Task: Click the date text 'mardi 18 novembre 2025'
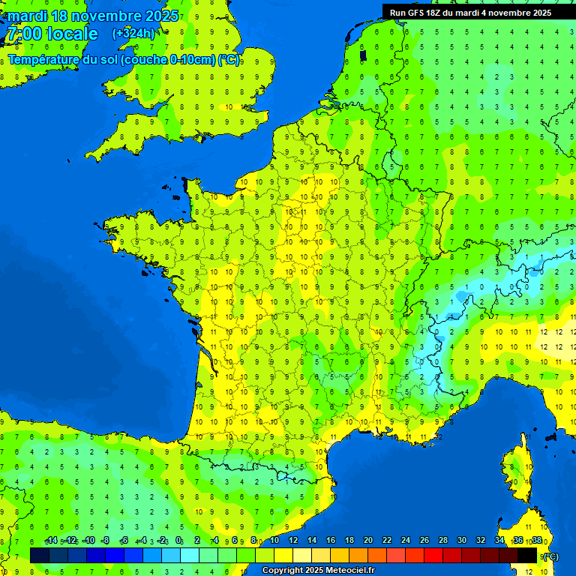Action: pyautogui.click(x=93, y=16)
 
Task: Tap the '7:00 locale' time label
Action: pyautogui.click(x=52, y=34)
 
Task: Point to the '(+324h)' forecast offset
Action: pyautogui.click(x=133, y=33)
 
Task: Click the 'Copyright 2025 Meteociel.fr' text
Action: pyautogui.click(x=318, y=571)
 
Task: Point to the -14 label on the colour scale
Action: pyautogui.click(x=52, y=540)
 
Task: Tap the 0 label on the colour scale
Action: pyautogui.click(x=178, y=540)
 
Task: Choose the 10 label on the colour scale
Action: pyautogui.click(x=274, y=540)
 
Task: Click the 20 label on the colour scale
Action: pyautogui.click(x=368, y=540)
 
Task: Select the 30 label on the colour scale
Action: pyautogui.click(x=462, y=540)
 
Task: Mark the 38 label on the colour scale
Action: pyautogui.click(x=537, y=540)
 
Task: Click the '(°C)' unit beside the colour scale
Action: pyautogui.click(x=550, y=556)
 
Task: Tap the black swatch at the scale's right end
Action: pyautogui.click(x=527, y=555)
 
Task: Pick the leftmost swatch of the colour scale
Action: pyautogui.click(x=40, y=555)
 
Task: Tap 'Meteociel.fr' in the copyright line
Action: pyautogui.click(x=350, y=571)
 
